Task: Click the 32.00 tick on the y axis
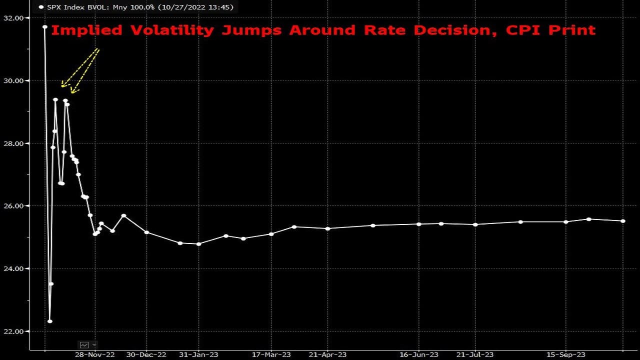click(14, 18)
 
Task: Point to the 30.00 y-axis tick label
click(14, 80)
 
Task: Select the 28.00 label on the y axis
click(14, 143)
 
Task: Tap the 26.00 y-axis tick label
click(14, 206)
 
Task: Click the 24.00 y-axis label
click(14, 268)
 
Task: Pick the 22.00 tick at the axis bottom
click(14, 331)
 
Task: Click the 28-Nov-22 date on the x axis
click(95, 354)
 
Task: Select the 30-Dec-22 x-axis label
click(146, 354)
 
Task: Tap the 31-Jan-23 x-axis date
click(198, 354)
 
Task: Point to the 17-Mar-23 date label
click(271, 354)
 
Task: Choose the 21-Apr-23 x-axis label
click(327, 354)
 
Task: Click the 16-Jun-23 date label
click(418, 354)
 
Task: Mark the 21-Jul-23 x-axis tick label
click(475, 354)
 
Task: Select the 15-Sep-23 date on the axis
click(566, 354)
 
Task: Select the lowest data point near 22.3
click(50, 321)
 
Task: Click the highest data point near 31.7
click(45, 27)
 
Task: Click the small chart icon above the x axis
click(84, 344)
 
